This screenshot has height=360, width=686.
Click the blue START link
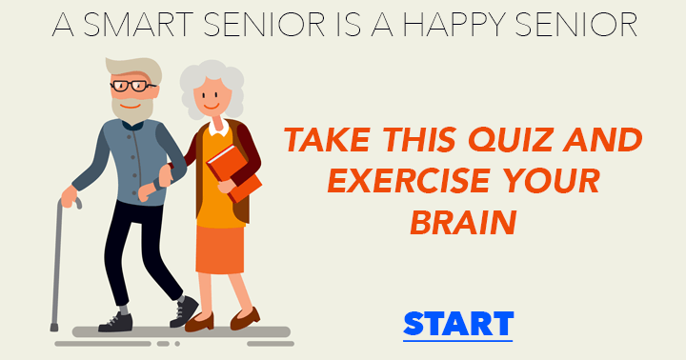[458, 323]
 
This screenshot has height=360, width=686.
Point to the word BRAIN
[463, 222]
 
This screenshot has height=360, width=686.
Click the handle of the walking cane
[69, 202]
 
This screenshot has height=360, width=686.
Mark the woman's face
[211, 95]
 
